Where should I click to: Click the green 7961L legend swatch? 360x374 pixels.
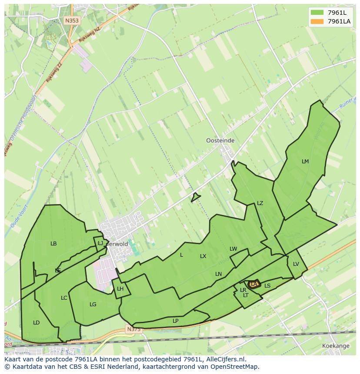tap(317, 12)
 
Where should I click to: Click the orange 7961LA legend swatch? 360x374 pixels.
tap(317, 21)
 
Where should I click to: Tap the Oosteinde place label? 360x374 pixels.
tap(220, 141)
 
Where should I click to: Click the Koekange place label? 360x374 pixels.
tap(336, 346)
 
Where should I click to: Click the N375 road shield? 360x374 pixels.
tap(134, 330)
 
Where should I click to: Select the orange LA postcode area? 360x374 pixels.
tap(254, 284)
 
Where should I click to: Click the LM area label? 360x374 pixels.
tap(305, 162)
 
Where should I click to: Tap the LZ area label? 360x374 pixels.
tap(260, 203)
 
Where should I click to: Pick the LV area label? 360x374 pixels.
tap(296, 264)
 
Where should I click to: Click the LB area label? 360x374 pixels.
tap(53, 244)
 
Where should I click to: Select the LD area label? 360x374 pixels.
tap(36, 323)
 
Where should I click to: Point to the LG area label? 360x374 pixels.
tap(93, 304)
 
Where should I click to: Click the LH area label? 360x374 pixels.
tap(120, 289)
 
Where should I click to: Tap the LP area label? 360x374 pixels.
tap(175, 321)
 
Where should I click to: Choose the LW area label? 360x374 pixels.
tap(233, 249)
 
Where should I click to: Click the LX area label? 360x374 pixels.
tap(203, 256)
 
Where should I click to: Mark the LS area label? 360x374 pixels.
tap(267, 286)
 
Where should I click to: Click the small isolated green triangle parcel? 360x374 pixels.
tap(195, 197)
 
